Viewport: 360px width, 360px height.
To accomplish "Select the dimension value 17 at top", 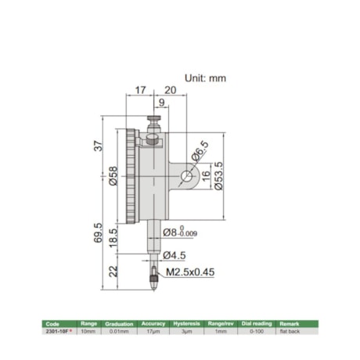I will click(x=140, y=90).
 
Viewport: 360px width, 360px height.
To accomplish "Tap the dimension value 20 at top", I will click(x=170, y=90).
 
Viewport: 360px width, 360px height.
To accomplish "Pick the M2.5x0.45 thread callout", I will click(x=189, y=272).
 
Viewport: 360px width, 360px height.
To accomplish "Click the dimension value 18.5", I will click(x=115, y=237).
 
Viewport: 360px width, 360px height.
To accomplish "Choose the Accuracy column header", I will click(x=153, y=323).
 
